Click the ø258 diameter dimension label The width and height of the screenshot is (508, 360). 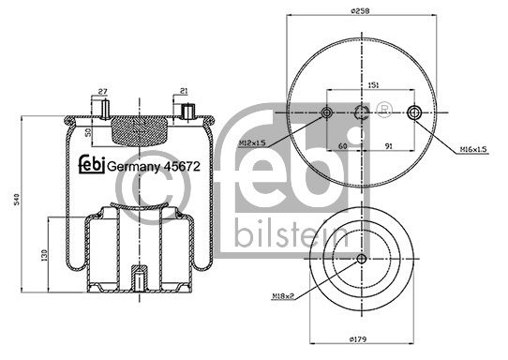click(360, 10)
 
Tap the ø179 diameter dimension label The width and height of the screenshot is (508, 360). click(358, 339)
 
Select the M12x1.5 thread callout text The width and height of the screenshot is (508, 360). click(252, 142)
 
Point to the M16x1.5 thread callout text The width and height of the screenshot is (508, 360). click(473, 149)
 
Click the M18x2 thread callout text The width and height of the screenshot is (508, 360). click(283, 296)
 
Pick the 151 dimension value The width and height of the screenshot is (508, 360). click(374, 85)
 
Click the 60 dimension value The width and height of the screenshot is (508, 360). click(342, 146)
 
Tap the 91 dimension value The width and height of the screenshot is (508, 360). click(388, 146)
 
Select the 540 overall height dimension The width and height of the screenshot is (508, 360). click(17, 199)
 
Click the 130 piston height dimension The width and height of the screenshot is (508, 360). click(44, 255)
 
